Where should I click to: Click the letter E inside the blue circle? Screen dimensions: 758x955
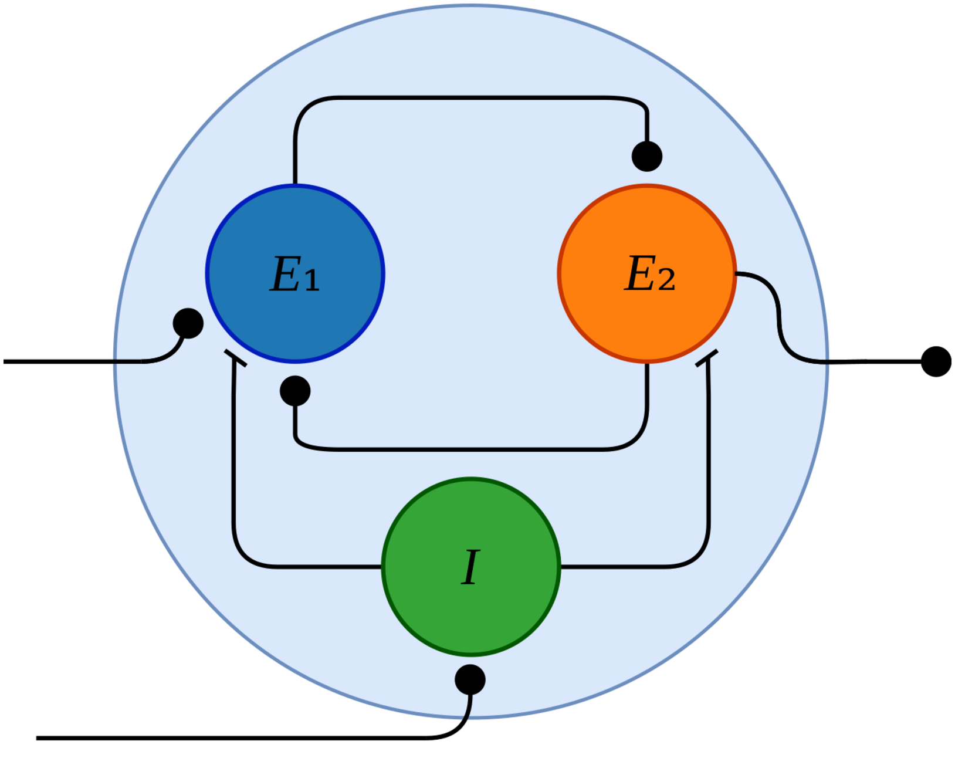286,274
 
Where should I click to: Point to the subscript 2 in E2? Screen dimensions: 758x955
666,280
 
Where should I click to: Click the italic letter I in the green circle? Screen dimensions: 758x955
470,567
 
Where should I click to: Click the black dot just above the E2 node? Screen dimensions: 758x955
647,156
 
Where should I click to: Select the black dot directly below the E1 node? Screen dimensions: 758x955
295,391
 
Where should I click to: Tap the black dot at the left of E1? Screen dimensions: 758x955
188,323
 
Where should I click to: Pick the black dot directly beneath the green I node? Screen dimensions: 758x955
470,680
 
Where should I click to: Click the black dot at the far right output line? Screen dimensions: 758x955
936,361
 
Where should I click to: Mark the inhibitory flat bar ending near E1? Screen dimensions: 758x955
235,358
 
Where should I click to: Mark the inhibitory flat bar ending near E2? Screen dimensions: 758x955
706,358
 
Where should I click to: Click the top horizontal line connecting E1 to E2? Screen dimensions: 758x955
469,98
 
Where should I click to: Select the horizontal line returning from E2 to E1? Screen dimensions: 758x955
469,449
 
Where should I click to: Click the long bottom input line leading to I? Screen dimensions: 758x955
235,738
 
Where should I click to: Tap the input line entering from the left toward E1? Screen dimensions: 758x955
70,361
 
